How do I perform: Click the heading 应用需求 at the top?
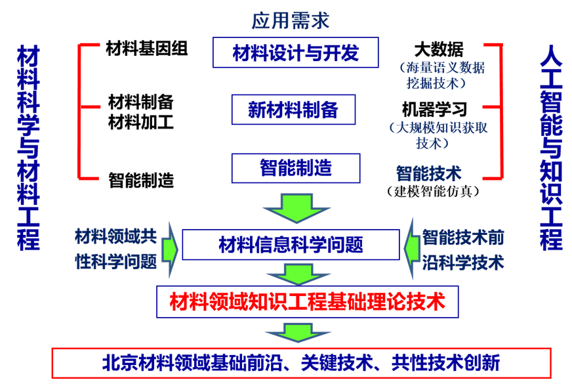(x=290, y=20)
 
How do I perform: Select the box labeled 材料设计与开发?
(x=295, y=53)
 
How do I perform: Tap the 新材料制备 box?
(x=293, y=110)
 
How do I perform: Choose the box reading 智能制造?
(x=295, y=168)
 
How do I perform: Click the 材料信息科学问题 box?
(x=291, y=245)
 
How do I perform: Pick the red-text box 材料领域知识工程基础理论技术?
(x=307, y=302)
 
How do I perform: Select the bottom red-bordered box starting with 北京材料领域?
(x=301, y=363)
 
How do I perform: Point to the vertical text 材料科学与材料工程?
(x=28, y=148)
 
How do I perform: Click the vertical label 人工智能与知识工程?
(x=551, y=148)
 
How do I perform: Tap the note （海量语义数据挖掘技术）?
(x=441, y=75)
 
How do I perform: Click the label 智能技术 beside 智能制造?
(x=428, y=173)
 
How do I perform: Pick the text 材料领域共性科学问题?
(x=115, y=249)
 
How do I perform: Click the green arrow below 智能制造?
(x=296, y=208)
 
